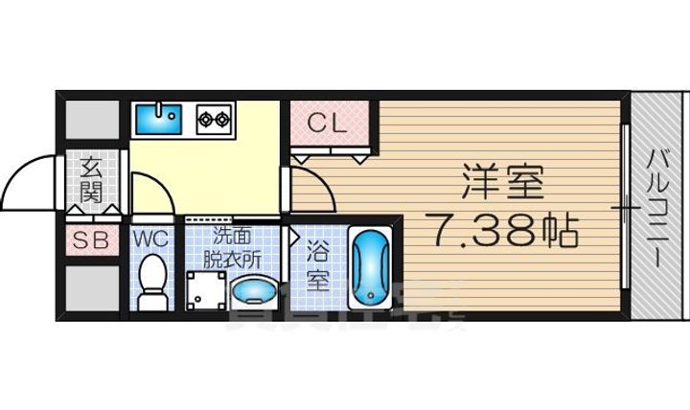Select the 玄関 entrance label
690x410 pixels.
pyautogui.click(x=92, y=178)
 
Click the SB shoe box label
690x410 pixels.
pyautogui.click(x=93, y=239)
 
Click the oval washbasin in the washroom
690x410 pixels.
pyautogui.click(x=254, y=290)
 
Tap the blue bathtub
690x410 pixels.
pyautogui.click(x=369, y=268)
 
